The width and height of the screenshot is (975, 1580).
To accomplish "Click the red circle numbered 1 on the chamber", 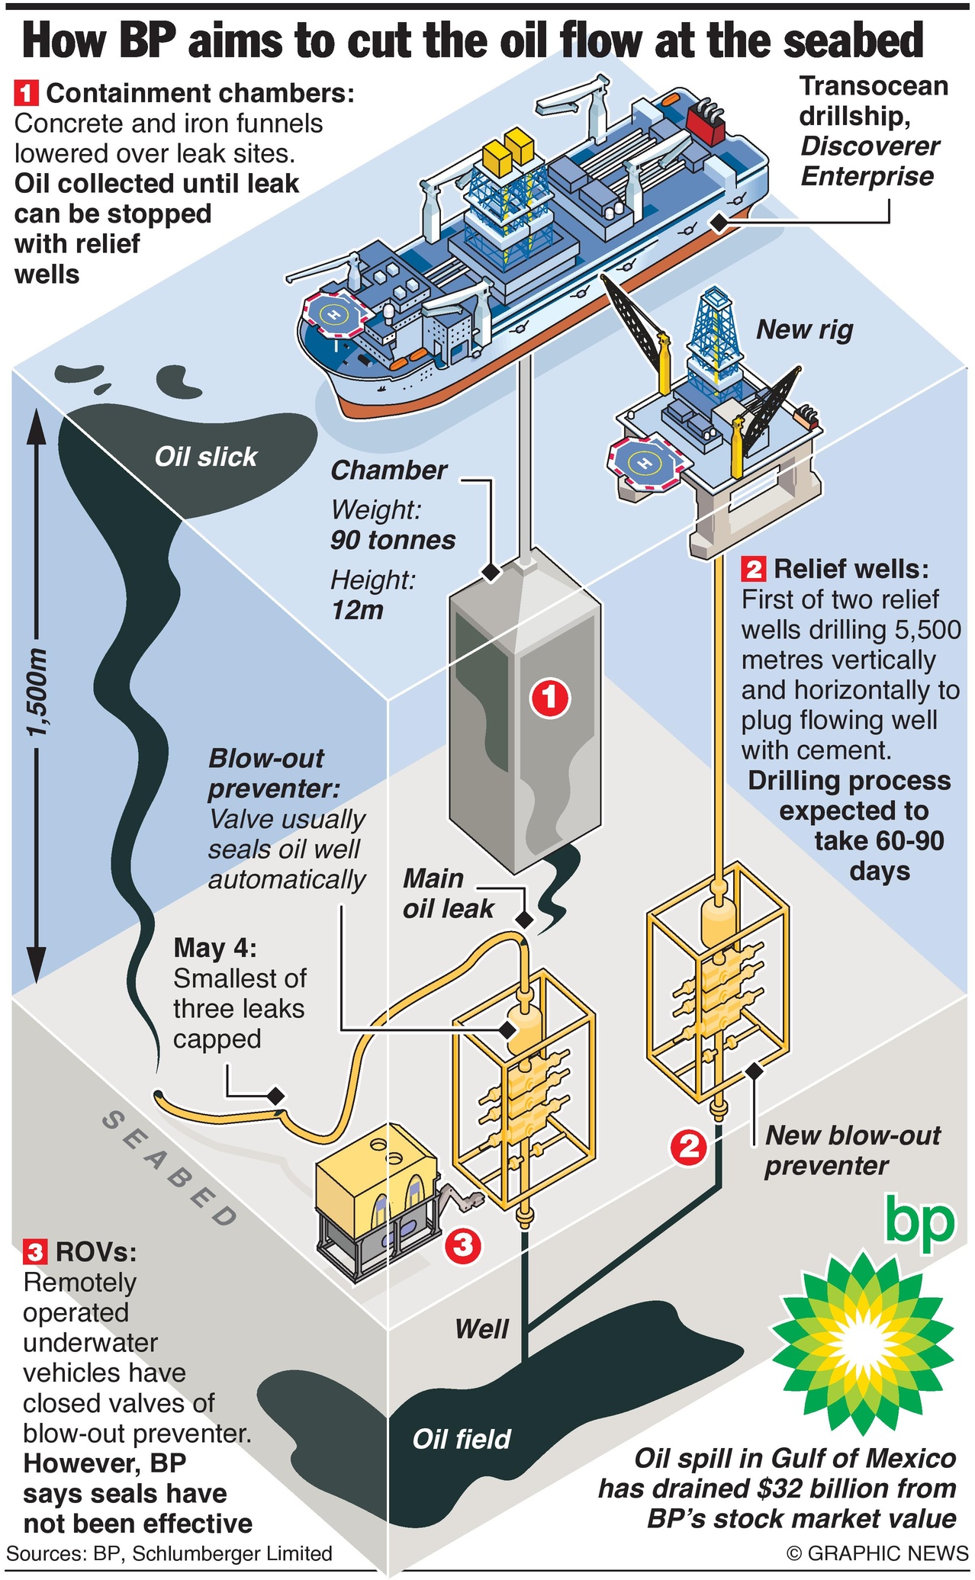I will (x=550, y=697).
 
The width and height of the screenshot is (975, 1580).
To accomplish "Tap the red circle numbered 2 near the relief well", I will (x=689, y=1146).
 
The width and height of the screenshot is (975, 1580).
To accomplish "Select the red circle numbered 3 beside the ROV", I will (x=462, y=1245).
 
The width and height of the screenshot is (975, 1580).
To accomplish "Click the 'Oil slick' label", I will (x=205, y=457).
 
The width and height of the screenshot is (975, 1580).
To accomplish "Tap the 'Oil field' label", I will (x=461, y=1439).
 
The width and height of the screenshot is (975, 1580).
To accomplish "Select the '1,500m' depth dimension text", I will (x=37, y=692).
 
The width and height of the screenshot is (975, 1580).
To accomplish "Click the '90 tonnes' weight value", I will (x=393, y=540).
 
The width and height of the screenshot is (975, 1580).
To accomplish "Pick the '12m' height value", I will (x=357, y=610).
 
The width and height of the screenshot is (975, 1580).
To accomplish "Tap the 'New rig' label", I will (x=804, y=329).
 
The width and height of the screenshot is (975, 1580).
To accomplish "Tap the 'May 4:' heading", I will (x=215, y=948).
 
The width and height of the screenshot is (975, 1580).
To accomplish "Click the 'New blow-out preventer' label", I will (x=852, y=1150).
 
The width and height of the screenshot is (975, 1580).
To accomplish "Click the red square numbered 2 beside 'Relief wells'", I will (x=753, y=569).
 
